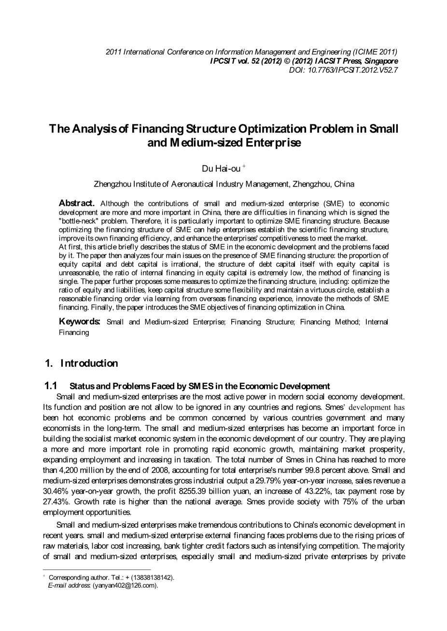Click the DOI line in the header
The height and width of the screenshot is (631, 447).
coord(343,70)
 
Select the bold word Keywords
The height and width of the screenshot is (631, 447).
coord(79,322)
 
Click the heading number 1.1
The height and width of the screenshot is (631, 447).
coord(51,386)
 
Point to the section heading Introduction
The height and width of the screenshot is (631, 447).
coord(89,363)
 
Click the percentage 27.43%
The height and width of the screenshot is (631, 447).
coord(56,502)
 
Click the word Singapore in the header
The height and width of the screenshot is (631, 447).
coord(377,61)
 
